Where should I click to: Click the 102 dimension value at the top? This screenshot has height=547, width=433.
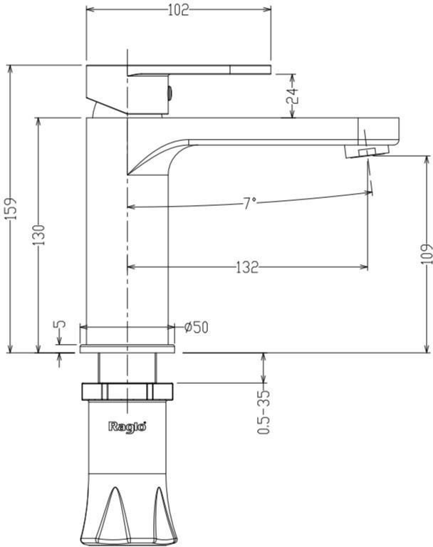(x=178, y=10)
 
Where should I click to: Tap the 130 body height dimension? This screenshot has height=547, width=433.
(x=39, y=234)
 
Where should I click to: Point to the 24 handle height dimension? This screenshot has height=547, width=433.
(x=293, y=95)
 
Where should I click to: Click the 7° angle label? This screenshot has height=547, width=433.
(x=249, y=203)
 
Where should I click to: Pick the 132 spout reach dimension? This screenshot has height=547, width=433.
(x=247, y=267)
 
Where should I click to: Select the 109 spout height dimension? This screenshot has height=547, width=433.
(x=427, y=254)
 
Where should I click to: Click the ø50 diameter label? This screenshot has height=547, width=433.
(x=197, y=327)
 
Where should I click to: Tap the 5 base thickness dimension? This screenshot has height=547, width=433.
(x=60, y=324)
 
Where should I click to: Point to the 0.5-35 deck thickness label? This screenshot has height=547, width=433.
(x=264, y=412)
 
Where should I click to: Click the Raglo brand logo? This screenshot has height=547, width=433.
(x=127, y=427)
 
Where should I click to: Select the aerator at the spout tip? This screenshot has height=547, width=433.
(x=366, y=152)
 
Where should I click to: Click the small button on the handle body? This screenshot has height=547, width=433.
(x=170, y=93)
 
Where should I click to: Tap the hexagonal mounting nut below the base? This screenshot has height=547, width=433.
(x=127, y=392)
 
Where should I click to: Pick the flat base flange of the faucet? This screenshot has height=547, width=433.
(x=127, y=349)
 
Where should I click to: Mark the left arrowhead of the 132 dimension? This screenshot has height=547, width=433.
(x=131, y=267)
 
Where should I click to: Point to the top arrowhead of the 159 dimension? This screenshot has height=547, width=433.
(x=11, y=68)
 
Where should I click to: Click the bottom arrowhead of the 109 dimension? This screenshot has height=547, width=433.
(x=427, y=349)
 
